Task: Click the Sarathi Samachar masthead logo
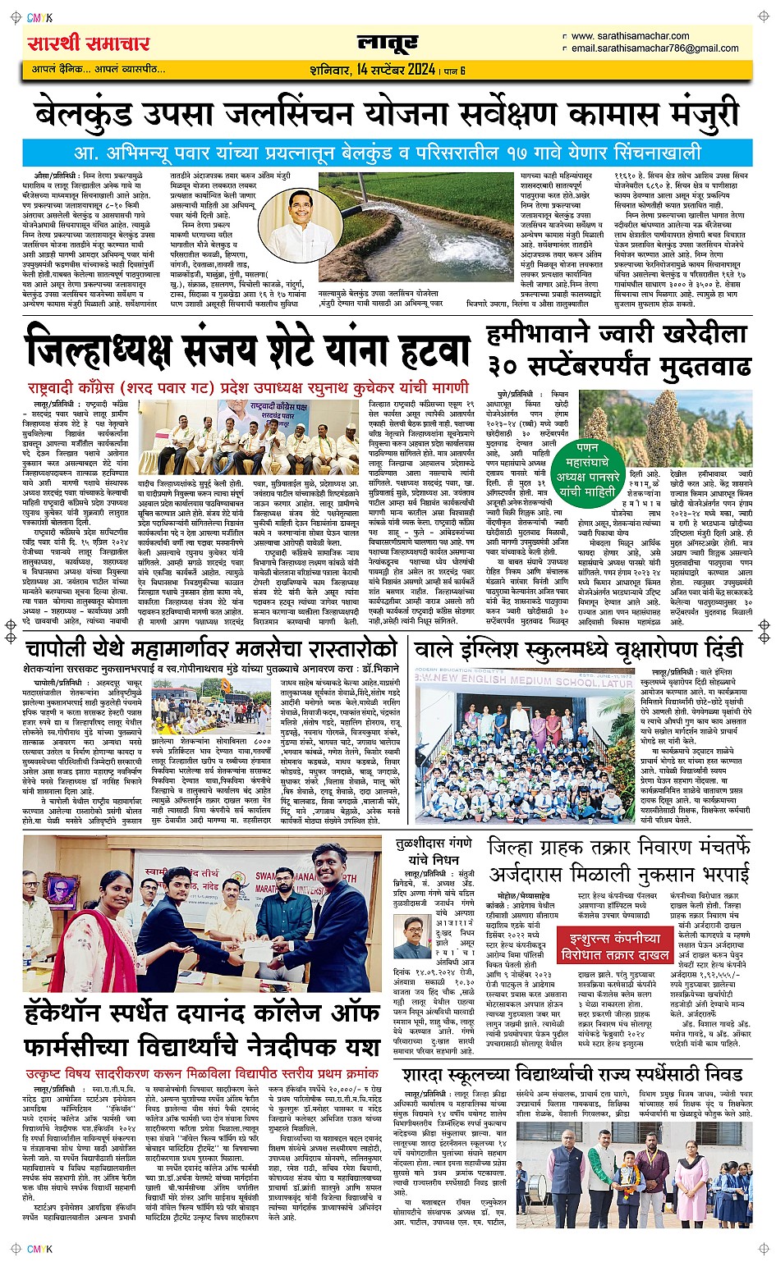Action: pyautogui.click(x=89, y=43)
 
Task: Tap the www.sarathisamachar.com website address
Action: pyautogui.click(x=630, y=36)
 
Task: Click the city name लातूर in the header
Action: pyautogui.click(x=388, y=43)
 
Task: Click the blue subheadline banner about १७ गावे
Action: pyautogui.click(x=388, y=153)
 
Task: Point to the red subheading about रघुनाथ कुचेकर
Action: pyautogui.click(x=246, y=386)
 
